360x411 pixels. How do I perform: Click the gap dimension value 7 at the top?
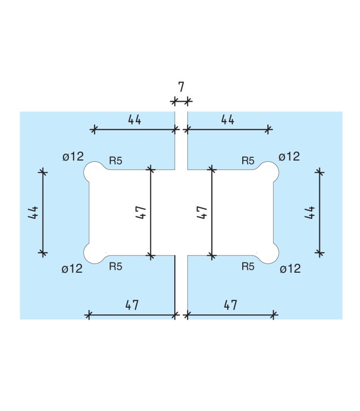(x=181, y=86)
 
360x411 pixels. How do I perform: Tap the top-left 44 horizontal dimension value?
(x=135, y=120)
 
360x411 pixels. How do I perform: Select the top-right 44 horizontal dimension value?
(x=228, y=120)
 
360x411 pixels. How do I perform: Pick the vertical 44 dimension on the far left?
(x=32, y=212)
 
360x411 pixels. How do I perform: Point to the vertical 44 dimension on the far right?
(x=309, y=212)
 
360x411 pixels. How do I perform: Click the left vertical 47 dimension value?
(x=141, y=212)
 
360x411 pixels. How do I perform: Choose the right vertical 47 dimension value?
(x=202, y=212)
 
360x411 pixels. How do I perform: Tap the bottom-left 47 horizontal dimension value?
(x=132, y=305)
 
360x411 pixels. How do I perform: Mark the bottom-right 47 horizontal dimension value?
(x=230, y=305)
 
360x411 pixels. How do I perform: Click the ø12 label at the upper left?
(x=73, y=157)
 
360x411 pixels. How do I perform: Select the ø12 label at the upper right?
(x=289, y=156)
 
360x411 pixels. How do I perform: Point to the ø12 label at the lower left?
(x=72, y=269)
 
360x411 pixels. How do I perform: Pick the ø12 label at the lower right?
(x=290, y=269)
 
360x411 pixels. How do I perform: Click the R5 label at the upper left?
(x=116, y=161)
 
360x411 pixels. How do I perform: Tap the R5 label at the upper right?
(x=248, y=161)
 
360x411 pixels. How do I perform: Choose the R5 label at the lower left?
(x=116, y=267)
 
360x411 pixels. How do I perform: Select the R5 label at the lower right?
(x=248, y=267)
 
